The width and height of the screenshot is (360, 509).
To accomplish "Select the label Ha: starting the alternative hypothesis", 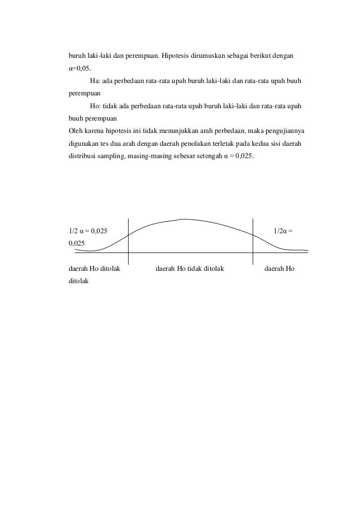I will [x=94, y=81].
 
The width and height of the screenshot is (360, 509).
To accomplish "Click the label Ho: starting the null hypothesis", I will [x=94, y=107].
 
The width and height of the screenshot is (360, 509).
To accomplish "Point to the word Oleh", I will [x=75, y=131].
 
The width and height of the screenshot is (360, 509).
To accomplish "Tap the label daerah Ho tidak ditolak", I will [x=190, y=269].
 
